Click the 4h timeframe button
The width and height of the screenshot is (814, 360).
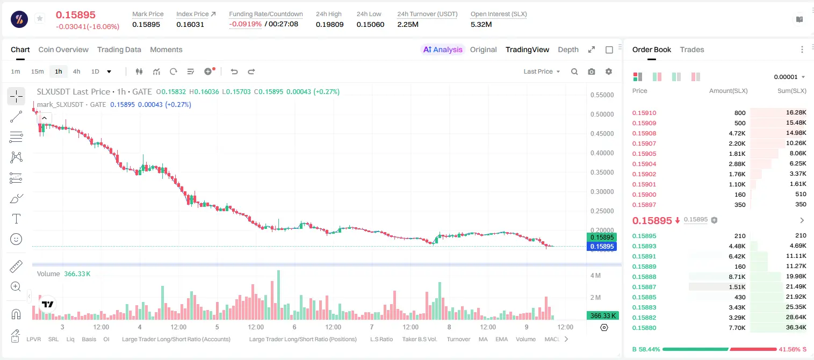76,71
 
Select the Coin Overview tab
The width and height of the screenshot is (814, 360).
63,49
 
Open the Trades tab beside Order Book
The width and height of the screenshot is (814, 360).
692,49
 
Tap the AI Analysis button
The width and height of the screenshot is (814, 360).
443,49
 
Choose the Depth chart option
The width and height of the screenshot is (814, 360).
568,49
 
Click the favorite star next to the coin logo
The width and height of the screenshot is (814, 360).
40,18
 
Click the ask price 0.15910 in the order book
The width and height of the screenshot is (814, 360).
644,113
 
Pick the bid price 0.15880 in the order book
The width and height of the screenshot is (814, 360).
644,328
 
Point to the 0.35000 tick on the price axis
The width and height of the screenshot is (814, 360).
602,172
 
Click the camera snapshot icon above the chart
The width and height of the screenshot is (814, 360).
592,71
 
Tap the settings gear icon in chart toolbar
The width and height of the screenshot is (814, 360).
609,71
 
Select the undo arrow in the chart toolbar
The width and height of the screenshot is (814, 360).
234,71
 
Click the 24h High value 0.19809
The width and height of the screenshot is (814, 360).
329,24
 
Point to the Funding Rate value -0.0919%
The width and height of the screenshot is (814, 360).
246,24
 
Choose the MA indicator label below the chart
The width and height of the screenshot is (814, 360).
483,339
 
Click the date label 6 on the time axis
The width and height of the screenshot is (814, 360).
294,327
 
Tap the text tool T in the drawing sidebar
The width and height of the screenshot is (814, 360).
16,219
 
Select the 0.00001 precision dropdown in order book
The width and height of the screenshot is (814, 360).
790,77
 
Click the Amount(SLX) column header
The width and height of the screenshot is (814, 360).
728,91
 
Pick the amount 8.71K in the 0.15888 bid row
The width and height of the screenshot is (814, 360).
737,277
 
